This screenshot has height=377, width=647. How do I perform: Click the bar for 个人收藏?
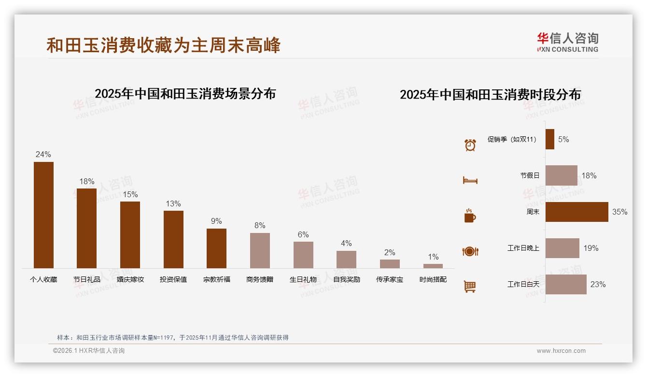click(43, 215)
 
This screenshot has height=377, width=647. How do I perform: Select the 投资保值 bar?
click(173, 239)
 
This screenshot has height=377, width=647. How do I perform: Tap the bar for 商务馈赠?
click(260, 250)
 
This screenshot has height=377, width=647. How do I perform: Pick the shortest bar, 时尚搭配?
click(433, 266)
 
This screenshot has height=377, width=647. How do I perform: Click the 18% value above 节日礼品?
click(87, 181)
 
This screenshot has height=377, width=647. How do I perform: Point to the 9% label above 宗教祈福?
click(216, 221)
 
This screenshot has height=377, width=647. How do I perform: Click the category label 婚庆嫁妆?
click(130, 279)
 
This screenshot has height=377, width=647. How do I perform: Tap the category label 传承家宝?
click(390, 279)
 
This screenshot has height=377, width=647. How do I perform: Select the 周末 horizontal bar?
click(577, 212)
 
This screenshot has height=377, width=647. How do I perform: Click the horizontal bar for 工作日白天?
click(566, 284)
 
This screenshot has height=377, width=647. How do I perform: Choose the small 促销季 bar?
click(550, 139)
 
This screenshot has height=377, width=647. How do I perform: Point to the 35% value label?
click(619, 212)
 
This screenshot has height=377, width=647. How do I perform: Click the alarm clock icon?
click(470, 145)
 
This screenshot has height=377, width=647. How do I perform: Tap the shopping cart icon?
click(470, 287)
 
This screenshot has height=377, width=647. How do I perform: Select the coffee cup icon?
click(470, 216)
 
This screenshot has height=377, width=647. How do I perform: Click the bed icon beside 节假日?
click(470, 180)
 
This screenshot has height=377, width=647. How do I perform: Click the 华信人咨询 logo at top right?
click(567, 43)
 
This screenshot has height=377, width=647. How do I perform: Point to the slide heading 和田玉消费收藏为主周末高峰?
click(163, 45)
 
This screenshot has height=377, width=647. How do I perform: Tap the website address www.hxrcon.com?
click(561, 351)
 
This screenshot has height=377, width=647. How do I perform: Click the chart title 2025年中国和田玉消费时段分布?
click(490, 94)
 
